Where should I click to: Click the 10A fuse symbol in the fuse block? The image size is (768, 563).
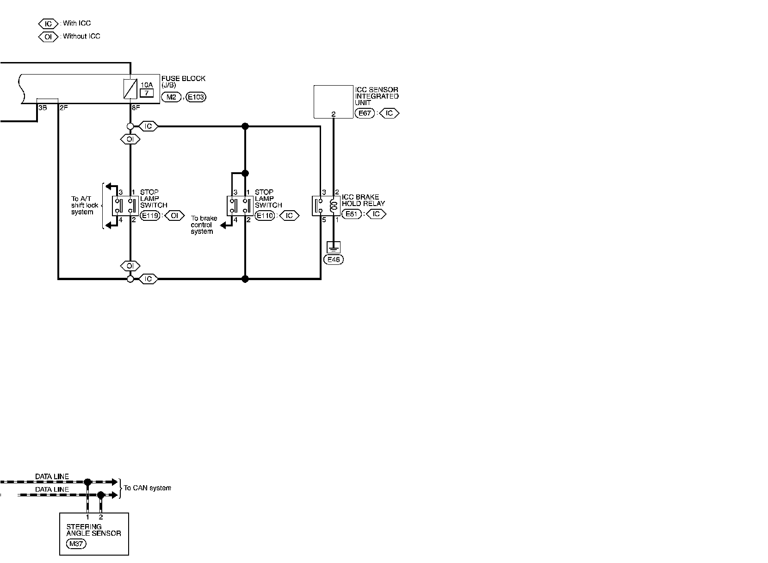[x=130, y=89]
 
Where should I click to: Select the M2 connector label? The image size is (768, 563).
[x=171, y=97]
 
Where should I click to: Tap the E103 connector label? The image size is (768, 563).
[x=196, y=97]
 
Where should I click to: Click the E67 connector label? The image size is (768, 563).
[x=365, y=113]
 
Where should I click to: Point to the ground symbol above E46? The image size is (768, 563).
[x=333, y=246]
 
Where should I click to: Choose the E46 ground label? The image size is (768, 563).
[x=334, y=260]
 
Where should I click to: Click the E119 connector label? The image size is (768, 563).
[x=149, y=215]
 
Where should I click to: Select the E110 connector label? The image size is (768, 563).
[x=265, y=215]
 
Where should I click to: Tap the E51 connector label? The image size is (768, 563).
[x=352, y=214]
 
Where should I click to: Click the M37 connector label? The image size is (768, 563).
[x=76, y=544]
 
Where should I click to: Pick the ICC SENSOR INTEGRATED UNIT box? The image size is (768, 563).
[x=333, y=101]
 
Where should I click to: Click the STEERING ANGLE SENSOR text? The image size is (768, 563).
[x=93, y=530]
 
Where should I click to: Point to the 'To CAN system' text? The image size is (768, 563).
[x=147, y=488]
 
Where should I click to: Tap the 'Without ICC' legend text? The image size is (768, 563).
[x=81, y=36]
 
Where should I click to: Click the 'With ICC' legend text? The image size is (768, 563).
[x=77, y=23]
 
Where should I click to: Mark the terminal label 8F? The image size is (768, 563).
[x=135, y=108]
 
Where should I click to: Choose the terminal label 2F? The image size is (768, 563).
[x=63, y=108]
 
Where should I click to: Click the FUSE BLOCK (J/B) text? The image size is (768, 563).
[x=183, y=82]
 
